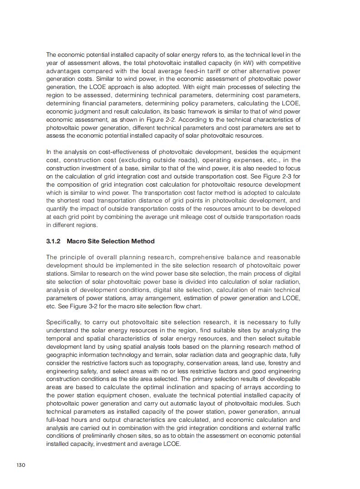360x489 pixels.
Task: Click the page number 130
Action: [x=20, y=464]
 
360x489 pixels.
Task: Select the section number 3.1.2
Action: [x=54, y=241]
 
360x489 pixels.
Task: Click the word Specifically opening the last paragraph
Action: [x=64, y=322]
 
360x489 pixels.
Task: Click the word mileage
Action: [x=212, y=217]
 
